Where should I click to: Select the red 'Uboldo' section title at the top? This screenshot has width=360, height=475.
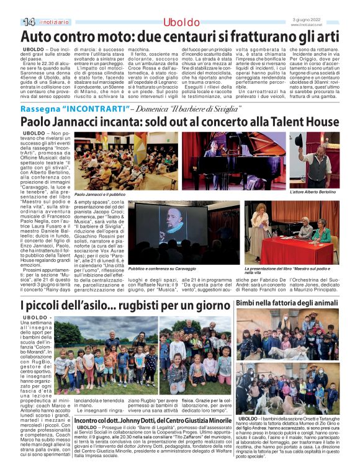[181, 23]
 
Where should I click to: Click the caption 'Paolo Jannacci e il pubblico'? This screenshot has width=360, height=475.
[99, 195]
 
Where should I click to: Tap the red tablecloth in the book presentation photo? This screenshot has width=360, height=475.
[292, 251]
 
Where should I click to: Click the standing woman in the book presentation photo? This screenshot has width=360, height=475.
[261, 224]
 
